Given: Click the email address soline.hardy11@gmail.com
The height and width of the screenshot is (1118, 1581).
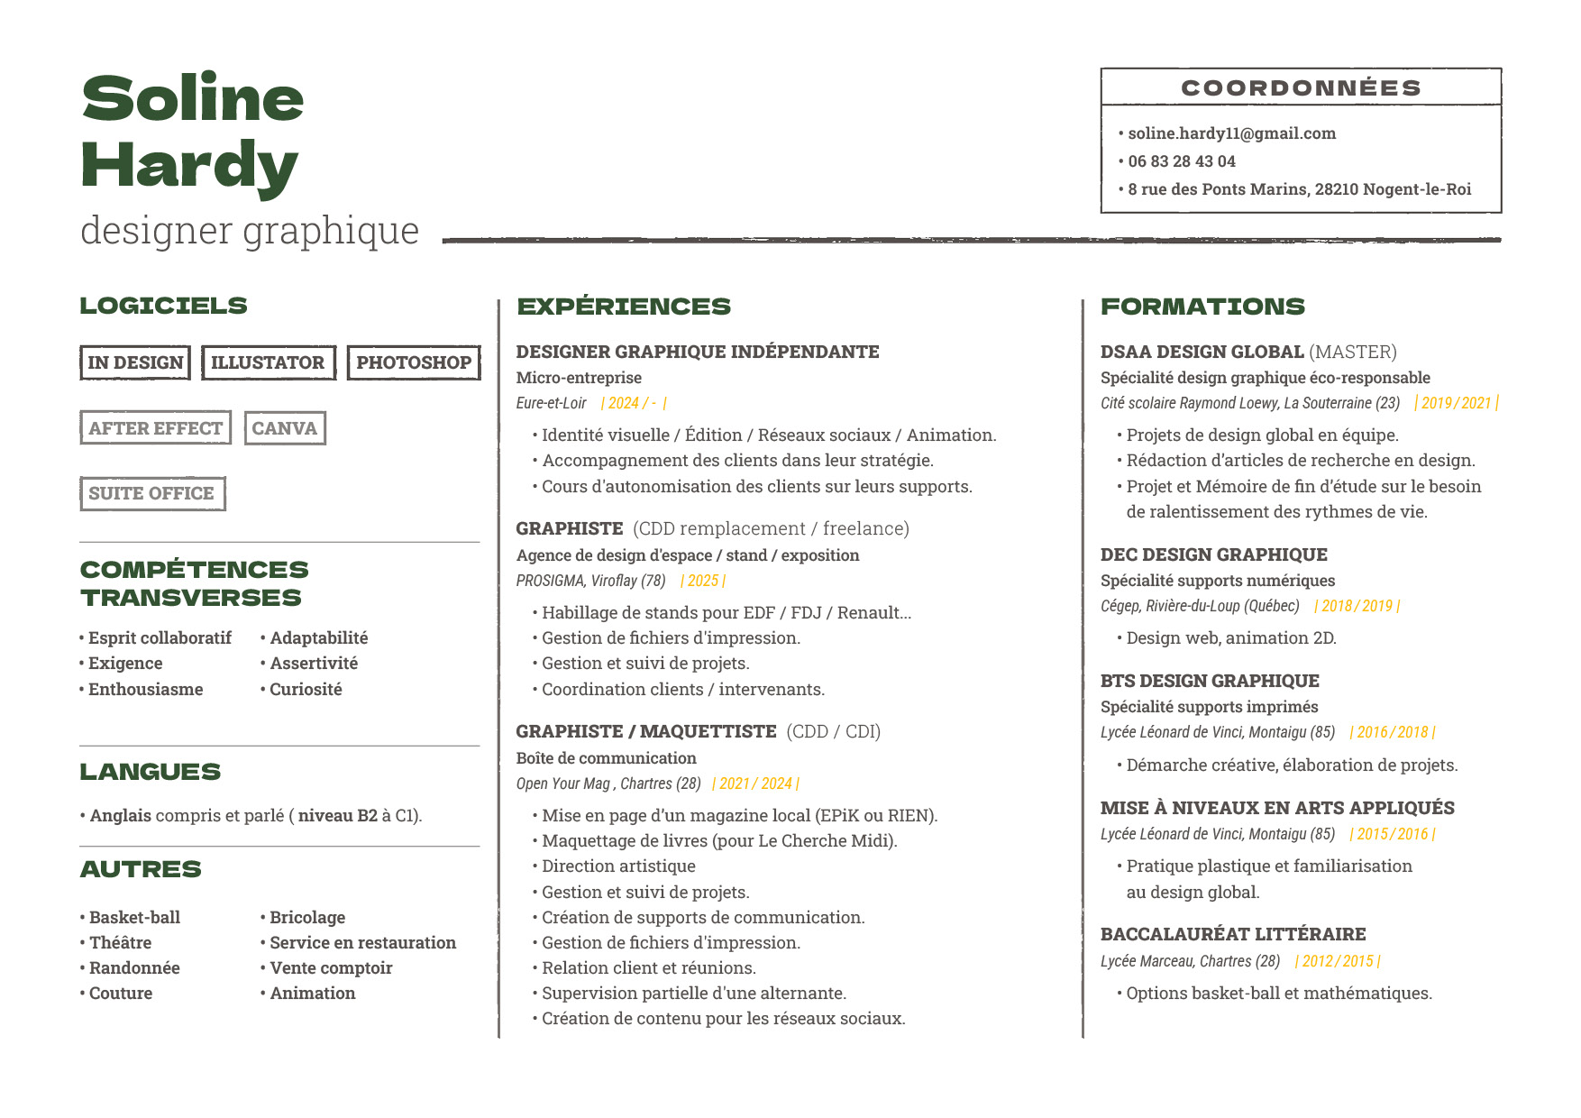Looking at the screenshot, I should (1231, 133).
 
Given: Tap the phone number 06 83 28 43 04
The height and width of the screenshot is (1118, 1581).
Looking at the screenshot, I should (1181, 161).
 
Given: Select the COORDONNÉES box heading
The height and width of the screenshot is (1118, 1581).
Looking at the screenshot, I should (1301, 87).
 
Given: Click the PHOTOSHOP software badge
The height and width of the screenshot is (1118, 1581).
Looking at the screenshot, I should (414, 362).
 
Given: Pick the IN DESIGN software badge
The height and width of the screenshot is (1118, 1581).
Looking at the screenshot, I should (135, 362).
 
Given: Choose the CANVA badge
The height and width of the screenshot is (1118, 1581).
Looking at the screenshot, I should (285, 428).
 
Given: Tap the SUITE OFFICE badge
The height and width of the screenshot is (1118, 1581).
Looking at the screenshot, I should (152, 493).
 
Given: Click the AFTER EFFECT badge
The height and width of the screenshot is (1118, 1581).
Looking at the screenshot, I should (155, 428).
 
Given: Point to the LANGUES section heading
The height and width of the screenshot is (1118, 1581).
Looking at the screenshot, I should (150, 772).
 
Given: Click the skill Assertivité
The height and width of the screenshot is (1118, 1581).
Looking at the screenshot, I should (314, 664).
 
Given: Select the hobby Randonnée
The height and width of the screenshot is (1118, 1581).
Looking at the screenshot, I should (134, 968).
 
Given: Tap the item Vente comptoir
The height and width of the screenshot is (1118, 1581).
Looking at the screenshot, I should (331, 968).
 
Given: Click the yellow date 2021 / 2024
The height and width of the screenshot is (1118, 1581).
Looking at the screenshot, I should (755, 784).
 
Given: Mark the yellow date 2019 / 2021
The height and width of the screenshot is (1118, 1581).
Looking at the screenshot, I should (1457, 403).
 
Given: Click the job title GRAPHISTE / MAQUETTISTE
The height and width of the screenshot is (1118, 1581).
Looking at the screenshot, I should (645, 731).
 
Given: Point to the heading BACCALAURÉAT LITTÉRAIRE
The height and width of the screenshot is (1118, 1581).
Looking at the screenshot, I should (1233, 934).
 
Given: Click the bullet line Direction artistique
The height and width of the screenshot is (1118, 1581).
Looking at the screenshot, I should (618, 866).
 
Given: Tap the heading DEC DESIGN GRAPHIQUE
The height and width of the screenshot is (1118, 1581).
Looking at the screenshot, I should (1213, 554).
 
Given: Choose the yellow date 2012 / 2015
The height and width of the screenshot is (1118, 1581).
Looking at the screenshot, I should (1338, 961).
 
